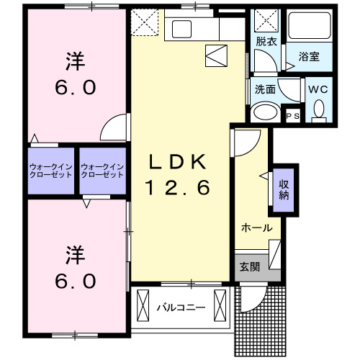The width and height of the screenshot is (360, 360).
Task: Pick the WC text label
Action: [x=318, y=89]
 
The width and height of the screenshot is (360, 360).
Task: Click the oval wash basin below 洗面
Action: [x=267, y=113]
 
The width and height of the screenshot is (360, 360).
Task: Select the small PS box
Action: [x=293, y=115]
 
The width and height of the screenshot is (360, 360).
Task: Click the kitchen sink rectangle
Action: [x=179, y=30]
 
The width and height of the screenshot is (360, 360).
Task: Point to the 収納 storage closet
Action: [x=284, y=189]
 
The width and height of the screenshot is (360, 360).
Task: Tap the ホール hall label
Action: [x=256, y=228]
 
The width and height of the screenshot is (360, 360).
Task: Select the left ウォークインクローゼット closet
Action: [x=52, y=171]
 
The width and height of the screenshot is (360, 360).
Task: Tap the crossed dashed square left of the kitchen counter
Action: [x=146, y=23]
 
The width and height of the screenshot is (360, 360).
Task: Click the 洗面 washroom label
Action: [x=264, y=90]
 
